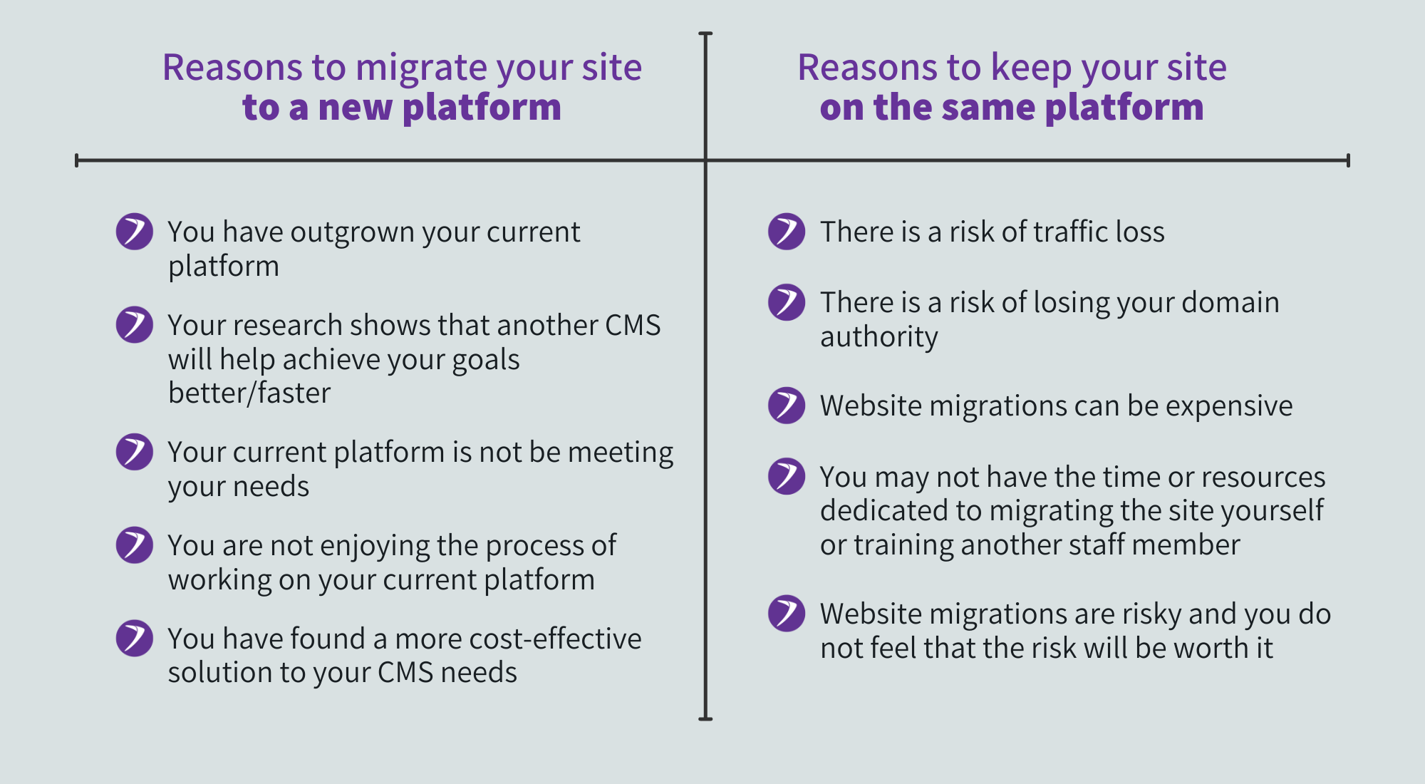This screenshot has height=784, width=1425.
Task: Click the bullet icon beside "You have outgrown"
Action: point(135,232)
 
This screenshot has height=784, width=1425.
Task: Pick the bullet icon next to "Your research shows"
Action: point(135,325)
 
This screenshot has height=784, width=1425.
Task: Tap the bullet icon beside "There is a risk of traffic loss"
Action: point(787,232)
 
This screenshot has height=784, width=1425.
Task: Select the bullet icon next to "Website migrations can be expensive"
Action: point(787,406)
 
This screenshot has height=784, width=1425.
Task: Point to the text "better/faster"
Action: point(249,393)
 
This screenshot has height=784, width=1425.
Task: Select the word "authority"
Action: point(879,337)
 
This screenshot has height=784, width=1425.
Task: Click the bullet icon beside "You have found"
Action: point(135,639)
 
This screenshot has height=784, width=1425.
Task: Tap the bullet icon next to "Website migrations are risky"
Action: point(787,614)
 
